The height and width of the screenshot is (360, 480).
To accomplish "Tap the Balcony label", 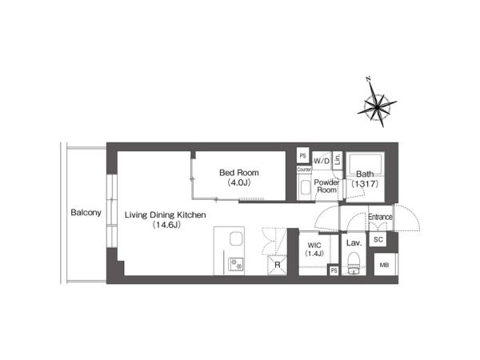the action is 86,213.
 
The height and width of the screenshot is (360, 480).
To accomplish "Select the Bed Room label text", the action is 238,173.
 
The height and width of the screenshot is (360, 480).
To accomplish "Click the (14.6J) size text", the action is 166,225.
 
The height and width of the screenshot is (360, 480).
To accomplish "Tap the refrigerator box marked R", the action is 278,265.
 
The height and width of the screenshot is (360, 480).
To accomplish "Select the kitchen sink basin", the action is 236,238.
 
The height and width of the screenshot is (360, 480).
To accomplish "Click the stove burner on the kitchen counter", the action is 236,263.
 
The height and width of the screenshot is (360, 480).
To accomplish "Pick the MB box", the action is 386,265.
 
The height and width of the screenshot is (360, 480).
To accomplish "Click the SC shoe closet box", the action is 378,239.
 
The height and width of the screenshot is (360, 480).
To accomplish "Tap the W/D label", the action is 322,161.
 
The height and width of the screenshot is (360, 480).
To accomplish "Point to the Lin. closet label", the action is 338,159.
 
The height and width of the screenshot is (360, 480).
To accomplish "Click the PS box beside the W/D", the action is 302,156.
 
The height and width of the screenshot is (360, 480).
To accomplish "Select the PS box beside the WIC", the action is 334,270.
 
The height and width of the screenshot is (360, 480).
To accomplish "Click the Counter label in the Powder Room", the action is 304,170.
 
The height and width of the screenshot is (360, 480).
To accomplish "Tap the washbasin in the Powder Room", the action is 306,187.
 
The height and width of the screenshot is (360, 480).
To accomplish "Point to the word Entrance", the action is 380,217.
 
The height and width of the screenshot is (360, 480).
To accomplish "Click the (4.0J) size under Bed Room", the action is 239,182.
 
